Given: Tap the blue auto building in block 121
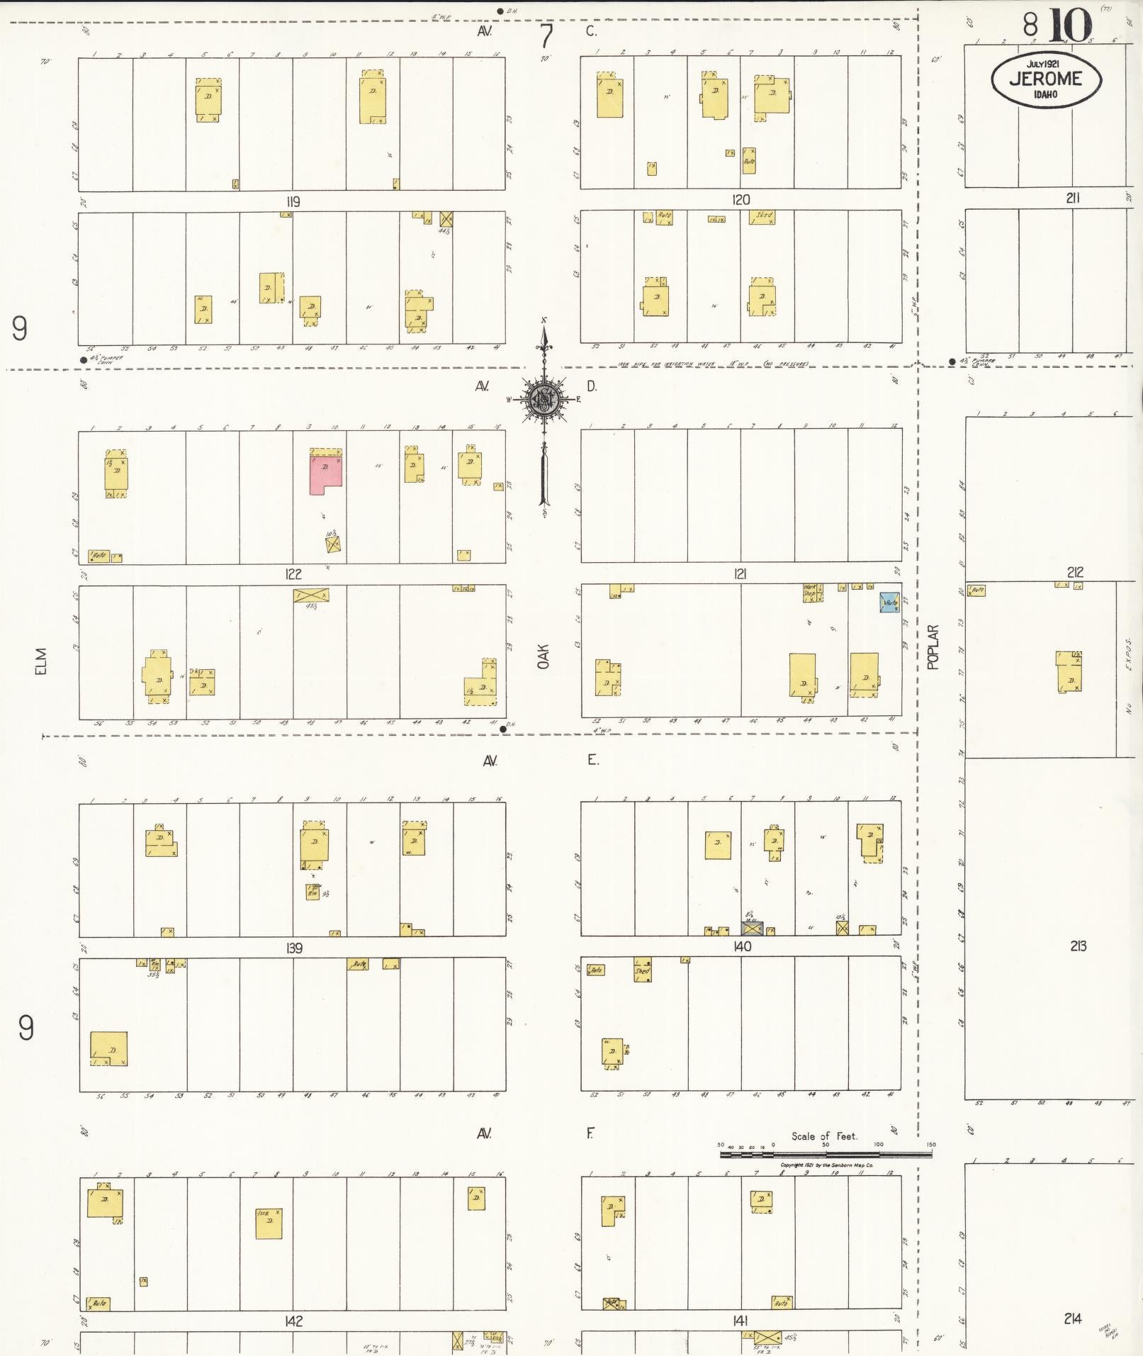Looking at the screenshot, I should [x=890, y=603].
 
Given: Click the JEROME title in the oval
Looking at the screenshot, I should [x=1045, y=79].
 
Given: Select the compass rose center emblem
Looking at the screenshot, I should [x=544, y=399].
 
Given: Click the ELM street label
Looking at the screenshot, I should [x=41, y=661].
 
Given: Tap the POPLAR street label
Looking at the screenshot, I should [x=933, y=646].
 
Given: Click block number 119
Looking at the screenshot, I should [x=293, y=202].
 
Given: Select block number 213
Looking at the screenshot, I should [x=1077, y=946].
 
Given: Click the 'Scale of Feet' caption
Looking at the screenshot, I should [x=824, y=1136].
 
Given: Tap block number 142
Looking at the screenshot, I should [x=293, y=1321].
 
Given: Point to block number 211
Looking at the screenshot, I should [x=1072, y=198].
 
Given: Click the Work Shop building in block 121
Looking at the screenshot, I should [x=812, y=593].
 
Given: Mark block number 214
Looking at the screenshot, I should [x=1071, y=1318].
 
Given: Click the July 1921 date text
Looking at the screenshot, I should [x=1045, y=64].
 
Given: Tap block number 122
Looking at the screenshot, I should [x=293, y=574].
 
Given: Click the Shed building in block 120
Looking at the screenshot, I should [x=762, y=218].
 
